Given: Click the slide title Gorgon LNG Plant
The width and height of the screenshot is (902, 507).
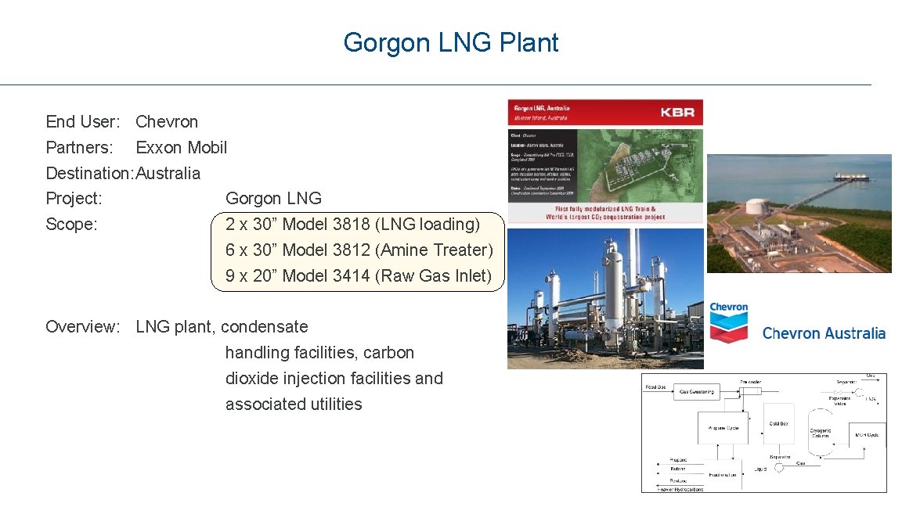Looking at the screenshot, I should tap(450, 42).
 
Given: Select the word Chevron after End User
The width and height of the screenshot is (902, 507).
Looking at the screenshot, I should tap(167, 121).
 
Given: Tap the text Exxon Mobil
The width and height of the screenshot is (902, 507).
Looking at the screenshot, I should tap(181, 147).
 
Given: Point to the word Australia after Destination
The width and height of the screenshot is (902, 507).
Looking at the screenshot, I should tap(168, 173).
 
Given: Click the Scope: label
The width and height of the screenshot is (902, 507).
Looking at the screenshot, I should tap(71, 224).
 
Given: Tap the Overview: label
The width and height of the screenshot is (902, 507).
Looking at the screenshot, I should tap(82, 326).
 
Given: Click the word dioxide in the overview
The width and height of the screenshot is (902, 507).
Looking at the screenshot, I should tap(251, 378).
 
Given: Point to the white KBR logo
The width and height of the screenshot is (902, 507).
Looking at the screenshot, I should tap(676, 112).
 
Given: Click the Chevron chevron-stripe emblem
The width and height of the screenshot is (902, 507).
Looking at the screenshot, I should tap(728, 326).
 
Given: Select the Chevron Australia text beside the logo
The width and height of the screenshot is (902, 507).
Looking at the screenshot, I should tap(824, 333).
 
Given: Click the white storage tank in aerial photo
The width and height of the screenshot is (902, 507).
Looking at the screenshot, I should tap(757, 208).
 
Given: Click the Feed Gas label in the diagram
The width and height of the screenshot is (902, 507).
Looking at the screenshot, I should tap(655, 387).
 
